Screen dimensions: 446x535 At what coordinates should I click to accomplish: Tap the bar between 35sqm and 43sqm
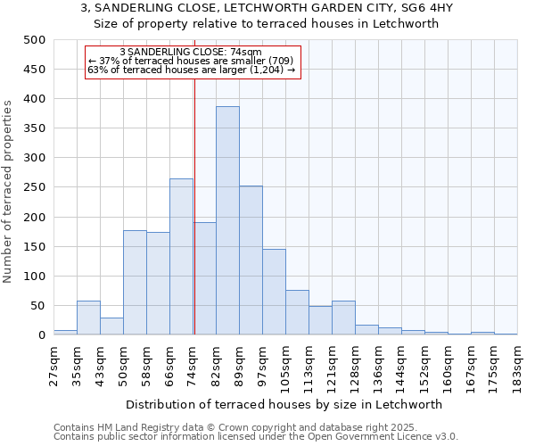(88, 318)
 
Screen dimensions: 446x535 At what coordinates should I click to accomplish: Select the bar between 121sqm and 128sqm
(343, 318)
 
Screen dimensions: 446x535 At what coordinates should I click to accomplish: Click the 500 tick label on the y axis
(34, 40)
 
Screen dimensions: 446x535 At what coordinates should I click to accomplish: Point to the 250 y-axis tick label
(34, 187)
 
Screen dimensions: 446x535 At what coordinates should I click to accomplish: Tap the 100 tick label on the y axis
(34, 277)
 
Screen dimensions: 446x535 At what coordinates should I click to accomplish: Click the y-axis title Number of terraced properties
(9, 191)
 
